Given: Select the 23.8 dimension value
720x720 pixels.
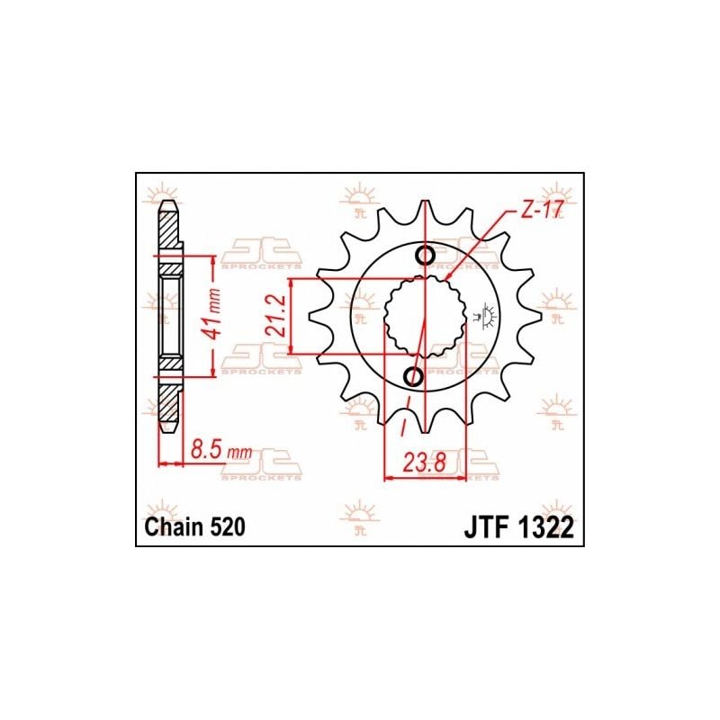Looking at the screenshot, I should click(424, 467).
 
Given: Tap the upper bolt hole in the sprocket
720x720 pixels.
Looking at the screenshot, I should click(427, 256).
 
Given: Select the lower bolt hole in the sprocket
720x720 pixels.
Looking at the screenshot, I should click(415, 375).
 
